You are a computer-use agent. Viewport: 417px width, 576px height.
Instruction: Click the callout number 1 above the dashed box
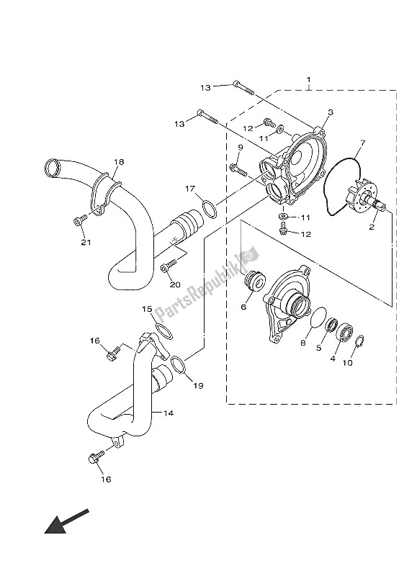click(309, 79)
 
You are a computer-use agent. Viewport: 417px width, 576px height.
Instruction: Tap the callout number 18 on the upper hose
click(119, 161)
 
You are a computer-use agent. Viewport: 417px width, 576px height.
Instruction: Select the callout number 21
click(86, 243)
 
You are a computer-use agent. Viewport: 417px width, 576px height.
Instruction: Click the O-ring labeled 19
click(178, 366)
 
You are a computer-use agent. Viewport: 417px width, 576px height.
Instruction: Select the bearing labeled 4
click(345, 331)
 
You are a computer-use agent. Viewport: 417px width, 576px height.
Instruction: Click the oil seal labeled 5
click(332, 325)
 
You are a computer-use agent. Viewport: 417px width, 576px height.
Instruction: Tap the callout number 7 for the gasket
click(362, 142)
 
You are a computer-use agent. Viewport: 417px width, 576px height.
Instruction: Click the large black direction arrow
click(66, 521)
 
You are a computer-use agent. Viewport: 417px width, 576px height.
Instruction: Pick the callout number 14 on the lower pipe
click(169, 413)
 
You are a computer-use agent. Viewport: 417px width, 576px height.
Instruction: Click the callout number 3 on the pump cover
click(331, 112)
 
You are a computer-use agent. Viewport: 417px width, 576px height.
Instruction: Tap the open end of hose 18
click(52, 168)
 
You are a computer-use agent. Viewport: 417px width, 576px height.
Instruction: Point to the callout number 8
click(303, 343)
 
